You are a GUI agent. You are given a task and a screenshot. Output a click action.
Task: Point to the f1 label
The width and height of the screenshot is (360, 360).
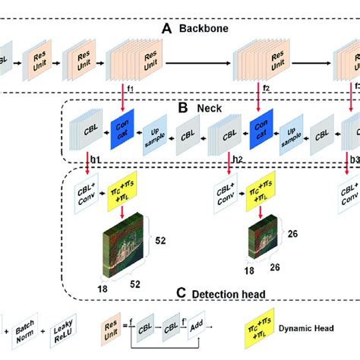pos(130,89)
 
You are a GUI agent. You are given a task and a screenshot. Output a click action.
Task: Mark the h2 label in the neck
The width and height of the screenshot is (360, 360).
pos(238,159)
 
